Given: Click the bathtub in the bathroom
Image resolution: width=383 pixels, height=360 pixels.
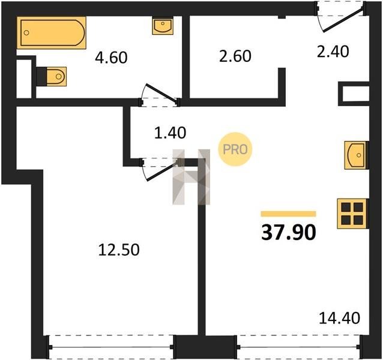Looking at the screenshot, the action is point(51,33).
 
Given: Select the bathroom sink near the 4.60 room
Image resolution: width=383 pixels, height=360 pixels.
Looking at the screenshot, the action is point(163,25).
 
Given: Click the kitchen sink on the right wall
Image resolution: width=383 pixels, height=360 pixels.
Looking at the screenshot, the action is point(357,155).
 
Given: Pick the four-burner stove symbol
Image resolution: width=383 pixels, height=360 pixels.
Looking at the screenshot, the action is point(352,214).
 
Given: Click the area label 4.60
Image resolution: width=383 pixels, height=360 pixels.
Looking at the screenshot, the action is point(111,58).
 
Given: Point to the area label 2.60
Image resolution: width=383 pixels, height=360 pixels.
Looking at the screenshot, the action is point(235,56).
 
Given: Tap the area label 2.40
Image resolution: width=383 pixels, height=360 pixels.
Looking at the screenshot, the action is point(333,52).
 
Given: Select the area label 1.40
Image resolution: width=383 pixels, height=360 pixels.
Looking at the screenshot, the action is point(170,133).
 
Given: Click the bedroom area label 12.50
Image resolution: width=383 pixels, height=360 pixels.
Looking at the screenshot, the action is point(119,250).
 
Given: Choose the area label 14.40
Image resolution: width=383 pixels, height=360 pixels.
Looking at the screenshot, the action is point(340,318).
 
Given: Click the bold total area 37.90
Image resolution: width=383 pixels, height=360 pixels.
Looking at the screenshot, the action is point(289,232).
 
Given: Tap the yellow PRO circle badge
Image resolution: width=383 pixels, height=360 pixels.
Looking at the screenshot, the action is point(235,149).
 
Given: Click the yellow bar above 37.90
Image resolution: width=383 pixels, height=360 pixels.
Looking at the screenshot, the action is point(289,214).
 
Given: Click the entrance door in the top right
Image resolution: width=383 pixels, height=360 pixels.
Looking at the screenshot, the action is point(341,17).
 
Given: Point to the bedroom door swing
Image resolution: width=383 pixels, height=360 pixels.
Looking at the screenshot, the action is point(160,170).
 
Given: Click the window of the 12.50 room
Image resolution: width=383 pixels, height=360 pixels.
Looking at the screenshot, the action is point(111,347).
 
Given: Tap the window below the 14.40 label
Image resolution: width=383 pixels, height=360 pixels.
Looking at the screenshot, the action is point(298,347).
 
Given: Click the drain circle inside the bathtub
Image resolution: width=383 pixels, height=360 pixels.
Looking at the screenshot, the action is point(26,33).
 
